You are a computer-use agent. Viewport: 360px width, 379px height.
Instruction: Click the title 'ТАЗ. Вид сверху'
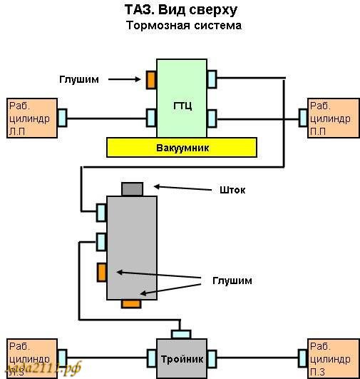pyautogui.click(x=181, y=10)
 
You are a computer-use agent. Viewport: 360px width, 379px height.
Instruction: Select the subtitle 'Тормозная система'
pyautogui.click(x=184, y=26)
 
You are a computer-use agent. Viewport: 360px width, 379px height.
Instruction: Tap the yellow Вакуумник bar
pyautogui.click(x=181, y=147)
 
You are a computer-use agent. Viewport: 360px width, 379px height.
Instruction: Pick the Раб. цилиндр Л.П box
pyautogui.click(x=30, y=118)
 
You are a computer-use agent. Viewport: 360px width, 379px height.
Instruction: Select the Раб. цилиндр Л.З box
pyautogui.click(x=30, y=356)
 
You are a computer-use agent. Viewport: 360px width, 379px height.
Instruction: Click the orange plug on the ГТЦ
pyautogui.click(x=151, y=79)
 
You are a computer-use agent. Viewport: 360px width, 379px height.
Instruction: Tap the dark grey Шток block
pyautogui.click(x=132, y=189)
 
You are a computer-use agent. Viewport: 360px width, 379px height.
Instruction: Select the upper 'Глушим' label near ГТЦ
pyautogui.click(x=80, y=79)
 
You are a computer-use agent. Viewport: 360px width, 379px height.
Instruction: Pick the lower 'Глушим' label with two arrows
pyautogui.click(x=232, y=281)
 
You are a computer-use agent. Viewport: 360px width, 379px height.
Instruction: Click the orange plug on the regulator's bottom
pyautogui.click(x=130, y=304)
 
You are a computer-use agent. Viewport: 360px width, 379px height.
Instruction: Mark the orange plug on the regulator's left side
pyautogui.click(x=102, y=272)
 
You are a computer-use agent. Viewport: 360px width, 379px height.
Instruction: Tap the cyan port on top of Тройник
pyautogui.click(x=181, y=333)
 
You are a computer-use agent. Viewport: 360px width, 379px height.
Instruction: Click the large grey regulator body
pyautogui.click(x=132, y=246)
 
